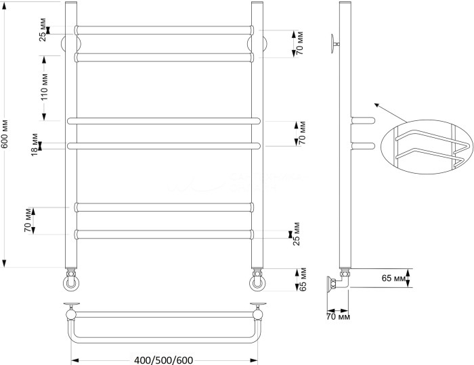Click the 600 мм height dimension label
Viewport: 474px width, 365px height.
pos(5,135)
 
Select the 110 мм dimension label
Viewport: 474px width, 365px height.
pos(44,87)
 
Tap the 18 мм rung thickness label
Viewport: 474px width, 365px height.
pos(34,146)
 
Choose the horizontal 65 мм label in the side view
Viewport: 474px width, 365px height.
pos(395,278)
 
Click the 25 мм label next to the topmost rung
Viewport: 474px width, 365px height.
pos(43,33)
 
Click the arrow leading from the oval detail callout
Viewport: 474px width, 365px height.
pos(385,112)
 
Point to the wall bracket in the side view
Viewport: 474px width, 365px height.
pos(334,43)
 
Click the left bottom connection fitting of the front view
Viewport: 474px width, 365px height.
pos(72,279)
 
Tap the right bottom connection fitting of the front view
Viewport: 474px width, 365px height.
pos(258,279)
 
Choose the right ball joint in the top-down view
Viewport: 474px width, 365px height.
pos(257,311)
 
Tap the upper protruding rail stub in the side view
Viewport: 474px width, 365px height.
pos(363,120)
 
